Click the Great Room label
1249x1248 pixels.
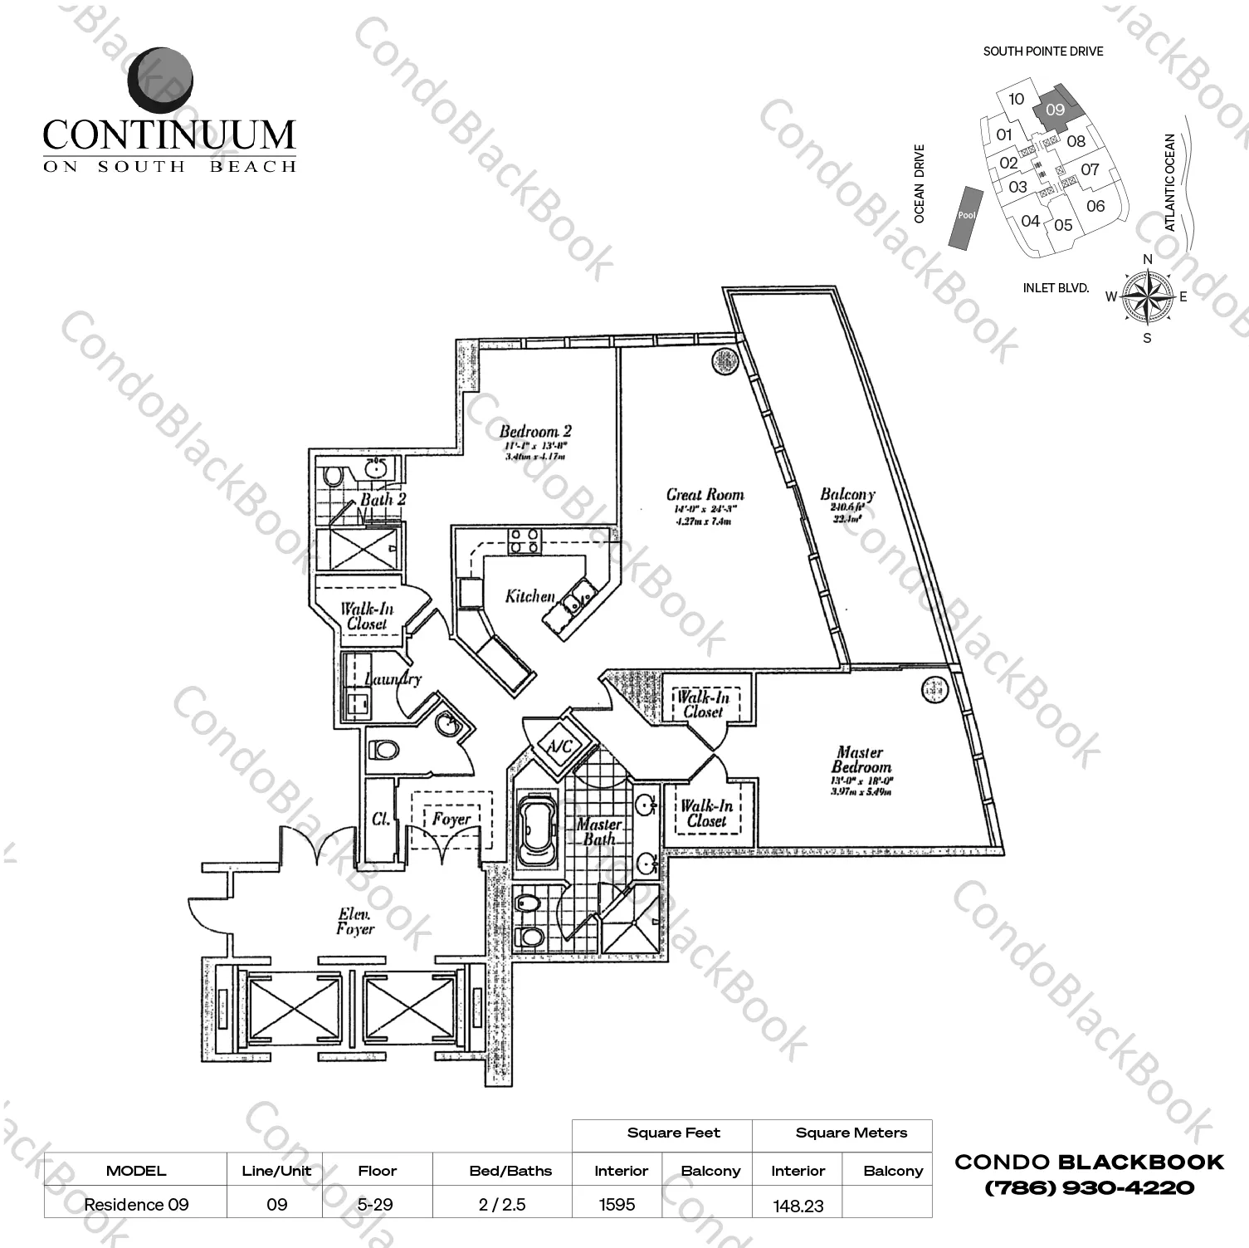point(705,495)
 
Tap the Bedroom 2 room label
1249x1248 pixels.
point(534,431)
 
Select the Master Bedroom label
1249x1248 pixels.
point(861,760)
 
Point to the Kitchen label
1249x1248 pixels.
point(529,596)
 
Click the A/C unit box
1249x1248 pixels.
point(559,746)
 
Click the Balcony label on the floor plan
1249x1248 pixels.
point(847,495)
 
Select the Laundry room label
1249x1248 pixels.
point(393,679)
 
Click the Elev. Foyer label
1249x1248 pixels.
point(355,922)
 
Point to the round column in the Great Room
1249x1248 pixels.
point(725,360)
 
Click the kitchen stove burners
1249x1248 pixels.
point(524,541)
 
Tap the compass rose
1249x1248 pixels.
point(1147,296)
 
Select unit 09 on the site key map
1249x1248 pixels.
point(1056,110)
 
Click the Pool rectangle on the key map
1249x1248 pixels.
point(966,216)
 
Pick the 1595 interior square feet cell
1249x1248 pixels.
point(617,1204)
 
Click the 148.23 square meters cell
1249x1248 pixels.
point(798,1205)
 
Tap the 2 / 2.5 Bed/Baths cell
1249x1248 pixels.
point(502,1204)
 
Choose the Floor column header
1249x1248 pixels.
point(377,1171)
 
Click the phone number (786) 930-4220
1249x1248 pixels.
point(1089,1188)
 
